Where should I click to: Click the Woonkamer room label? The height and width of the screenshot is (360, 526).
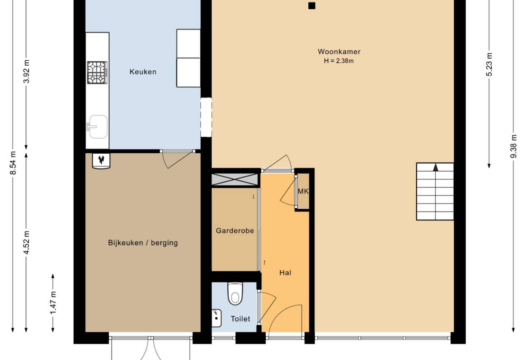(x=339, y=52)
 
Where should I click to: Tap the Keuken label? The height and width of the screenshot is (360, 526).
(x=143, y=72)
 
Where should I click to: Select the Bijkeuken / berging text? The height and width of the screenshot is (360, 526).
(x=143, y=243)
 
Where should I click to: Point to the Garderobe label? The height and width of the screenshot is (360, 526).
(x=235, y=231)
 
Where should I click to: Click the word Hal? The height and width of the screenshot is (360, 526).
(x=285, y=273)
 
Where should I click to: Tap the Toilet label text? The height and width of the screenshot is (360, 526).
(x=240, y=319)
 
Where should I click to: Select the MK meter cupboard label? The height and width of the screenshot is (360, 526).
(x=303, y=191)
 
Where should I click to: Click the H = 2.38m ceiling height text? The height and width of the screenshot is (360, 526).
(x=339, y=61)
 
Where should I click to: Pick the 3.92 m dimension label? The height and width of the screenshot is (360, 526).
(x=27, y=72)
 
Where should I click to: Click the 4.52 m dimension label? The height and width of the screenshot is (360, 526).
(x=27, y=242)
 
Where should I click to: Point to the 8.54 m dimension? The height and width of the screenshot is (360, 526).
(x=13, y=163)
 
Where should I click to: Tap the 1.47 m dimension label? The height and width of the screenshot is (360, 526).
(x=53, y=303)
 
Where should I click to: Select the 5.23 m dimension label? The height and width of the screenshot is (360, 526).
(x=489, y=64)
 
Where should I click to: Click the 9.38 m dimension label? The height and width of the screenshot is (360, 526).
(x=514, y=146)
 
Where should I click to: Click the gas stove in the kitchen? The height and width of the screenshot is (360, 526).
(x=97, y=73)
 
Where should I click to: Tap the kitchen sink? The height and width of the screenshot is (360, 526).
(x=97, y=127)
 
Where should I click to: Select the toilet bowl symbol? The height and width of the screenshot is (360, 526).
(x=235, y=294)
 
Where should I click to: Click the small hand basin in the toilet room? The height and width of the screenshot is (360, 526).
(x=216, y=318)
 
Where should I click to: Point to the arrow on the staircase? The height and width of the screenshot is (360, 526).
(x=436, y=167)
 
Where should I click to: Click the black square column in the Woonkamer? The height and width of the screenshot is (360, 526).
(x=312, y=6)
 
